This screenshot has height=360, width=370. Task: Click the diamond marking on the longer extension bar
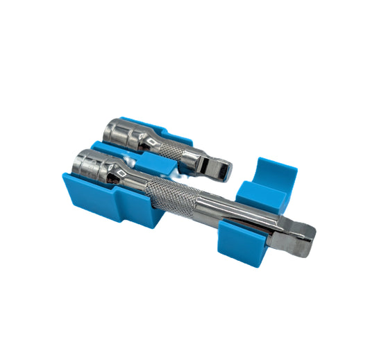(123, 169)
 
